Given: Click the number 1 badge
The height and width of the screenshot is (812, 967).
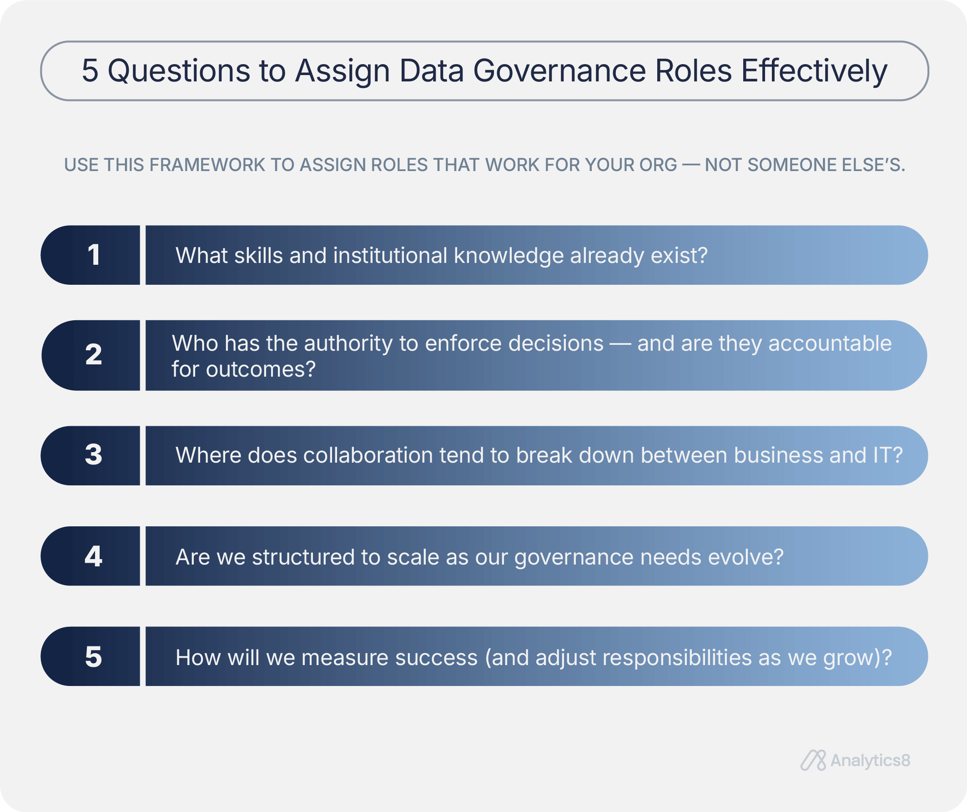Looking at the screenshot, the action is pos(91,255).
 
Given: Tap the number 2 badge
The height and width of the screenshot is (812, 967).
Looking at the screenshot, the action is pos(91,355).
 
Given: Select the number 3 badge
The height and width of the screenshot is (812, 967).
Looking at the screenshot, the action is pos(91,455).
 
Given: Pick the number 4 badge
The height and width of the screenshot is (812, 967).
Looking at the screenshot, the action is pos(91,556).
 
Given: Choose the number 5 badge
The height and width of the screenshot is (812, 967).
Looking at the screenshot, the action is pos(91,656).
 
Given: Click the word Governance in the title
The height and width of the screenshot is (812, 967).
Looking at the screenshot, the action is pos(559,71).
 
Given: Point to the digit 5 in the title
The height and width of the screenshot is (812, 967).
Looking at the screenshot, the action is pos(90,71).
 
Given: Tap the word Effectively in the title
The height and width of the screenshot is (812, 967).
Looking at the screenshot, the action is pos(814,72).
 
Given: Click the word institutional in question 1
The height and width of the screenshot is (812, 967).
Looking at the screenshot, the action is pos(390,255).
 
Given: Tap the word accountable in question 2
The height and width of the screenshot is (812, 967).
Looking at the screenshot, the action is pos(830,343).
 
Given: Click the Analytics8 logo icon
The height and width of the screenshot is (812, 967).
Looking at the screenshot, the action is pos(813,760).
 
